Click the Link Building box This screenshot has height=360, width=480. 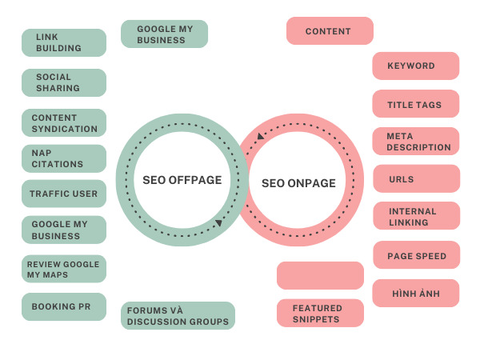click(x=64, y=42)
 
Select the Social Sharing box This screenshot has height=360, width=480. click(x=64, y=82)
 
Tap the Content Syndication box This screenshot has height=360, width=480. click(x=64, y=122)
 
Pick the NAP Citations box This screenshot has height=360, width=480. click(x=64, y=158)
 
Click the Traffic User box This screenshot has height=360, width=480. click(x=64, y=194)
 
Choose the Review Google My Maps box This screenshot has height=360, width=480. click(x=64, y=269)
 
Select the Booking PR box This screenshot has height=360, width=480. click(x=64, y=306)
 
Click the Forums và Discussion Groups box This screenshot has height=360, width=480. click(x=178, y=315)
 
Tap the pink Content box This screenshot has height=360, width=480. click(x=330, y=31)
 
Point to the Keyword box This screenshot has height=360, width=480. click(x=415, y=66)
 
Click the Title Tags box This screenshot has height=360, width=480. click(x=415, y=104)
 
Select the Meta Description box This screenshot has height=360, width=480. click(x=415, y=142)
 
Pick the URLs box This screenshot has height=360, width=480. click(x=415, y=179)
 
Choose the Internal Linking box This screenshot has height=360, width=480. click(x=415, y=217)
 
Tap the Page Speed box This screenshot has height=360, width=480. click(x=415, y=255)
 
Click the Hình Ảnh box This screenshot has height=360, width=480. click(x=415, y=294)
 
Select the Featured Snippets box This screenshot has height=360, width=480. click(x=320, y=314)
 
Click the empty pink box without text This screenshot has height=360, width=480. click(x=320, y=275)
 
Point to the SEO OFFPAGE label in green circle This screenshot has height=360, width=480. click(x=182, y=180)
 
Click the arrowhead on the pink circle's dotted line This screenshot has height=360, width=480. click(x=260, y=137)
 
